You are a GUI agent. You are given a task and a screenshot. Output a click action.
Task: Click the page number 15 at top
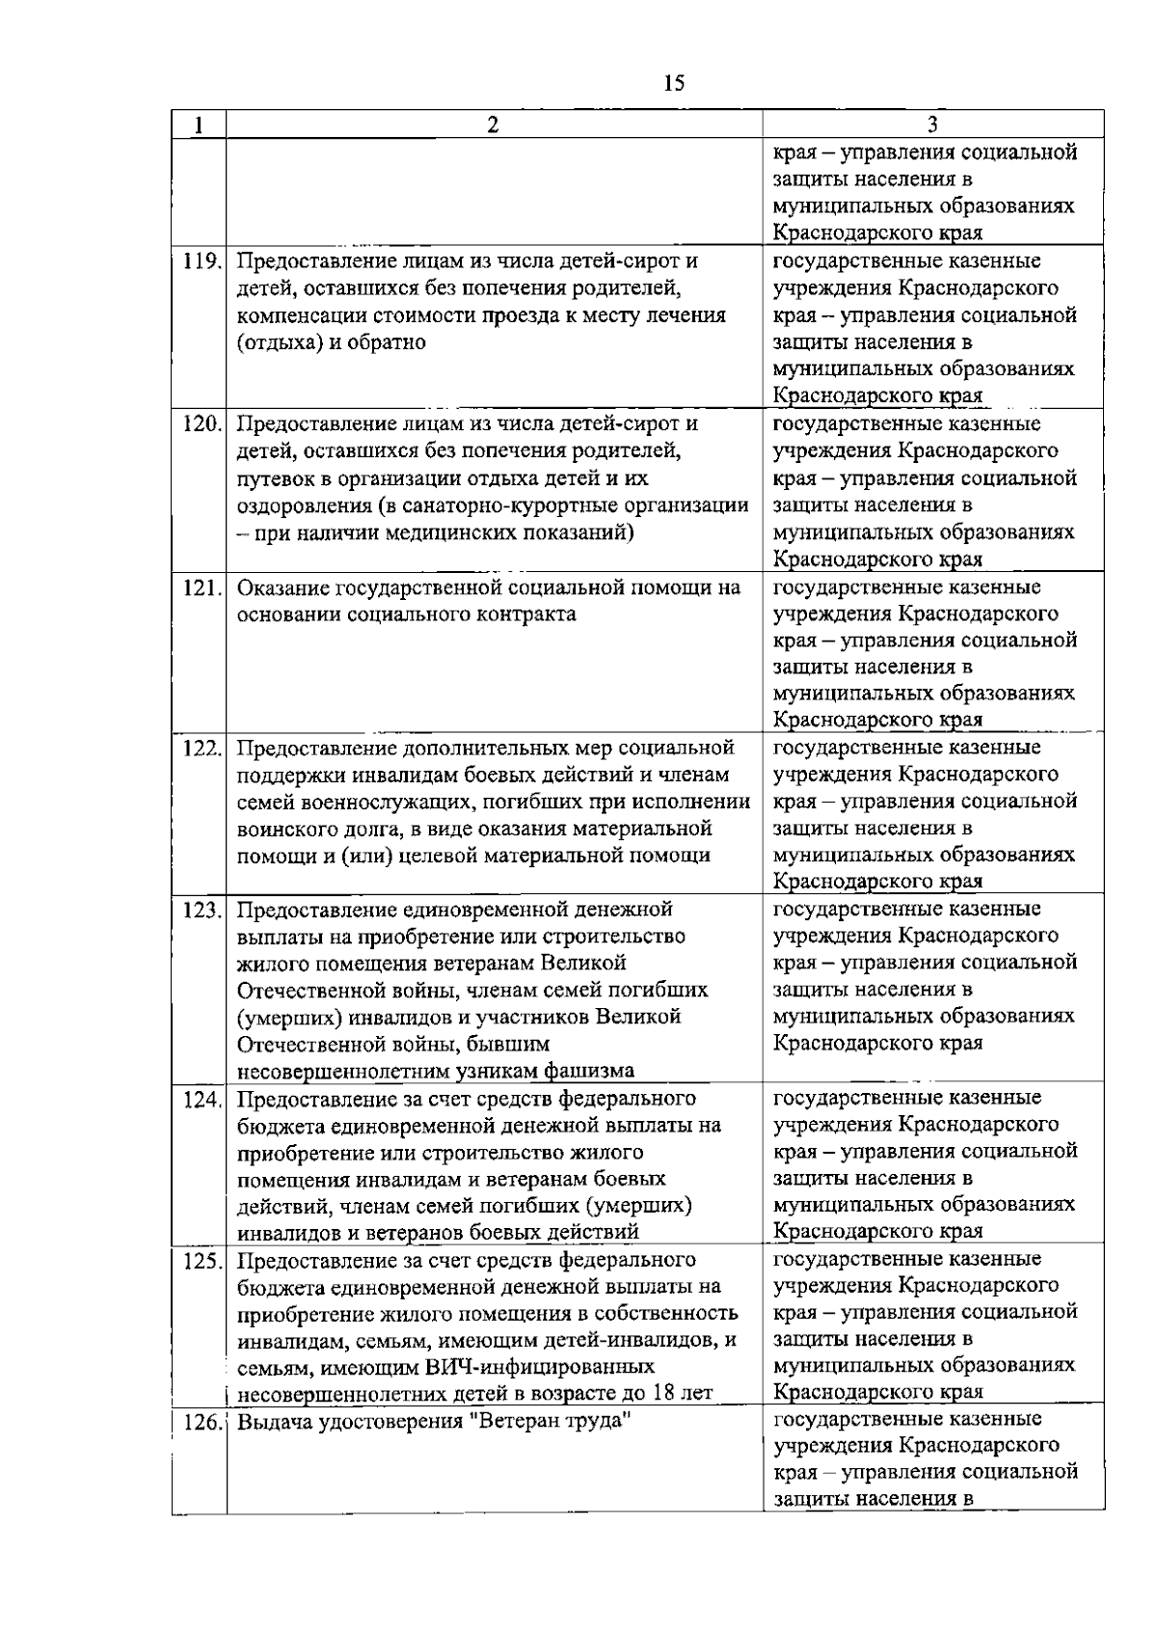click(674, 83)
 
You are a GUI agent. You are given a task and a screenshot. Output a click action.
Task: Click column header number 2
click(493, 124)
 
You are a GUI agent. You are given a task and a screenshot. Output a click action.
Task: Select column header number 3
click(932, 124)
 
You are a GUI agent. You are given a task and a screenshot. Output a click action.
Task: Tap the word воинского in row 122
click(281, 829)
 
